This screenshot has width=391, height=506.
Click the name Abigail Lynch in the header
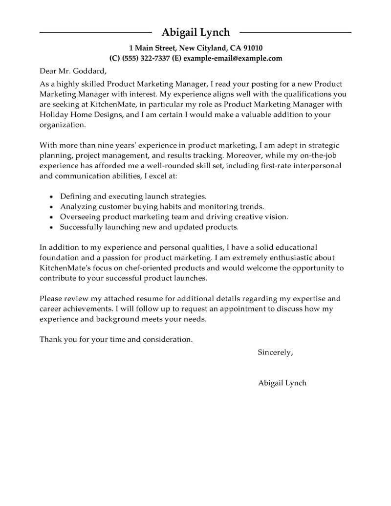195,32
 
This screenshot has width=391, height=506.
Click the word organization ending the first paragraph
62,125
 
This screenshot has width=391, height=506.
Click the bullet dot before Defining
52,197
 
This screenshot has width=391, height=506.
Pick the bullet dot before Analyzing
52,207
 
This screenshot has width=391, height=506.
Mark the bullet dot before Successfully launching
52,227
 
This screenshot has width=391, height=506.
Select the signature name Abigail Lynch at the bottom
282,383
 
